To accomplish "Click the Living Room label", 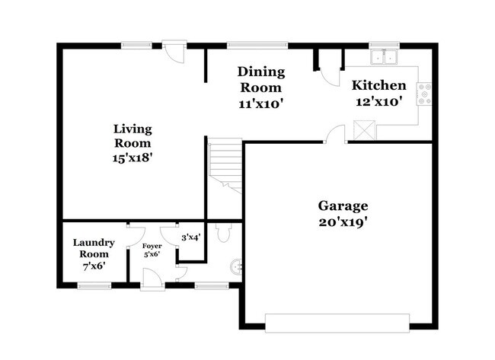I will tap(132, 142).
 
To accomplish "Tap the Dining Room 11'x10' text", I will tap(260, 88).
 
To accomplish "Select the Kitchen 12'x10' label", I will tap(378, 93).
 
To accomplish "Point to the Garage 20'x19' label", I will tap(343, 213).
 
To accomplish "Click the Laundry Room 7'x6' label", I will tap(94, 254).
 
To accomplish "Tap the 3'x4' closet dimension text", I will tap(190, 237).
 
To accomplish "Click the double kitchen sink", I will tap(384, 56).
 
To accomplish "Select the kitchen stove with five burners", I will tap(424, 94).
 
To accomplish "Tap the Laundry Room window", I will tap(94, 285).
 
